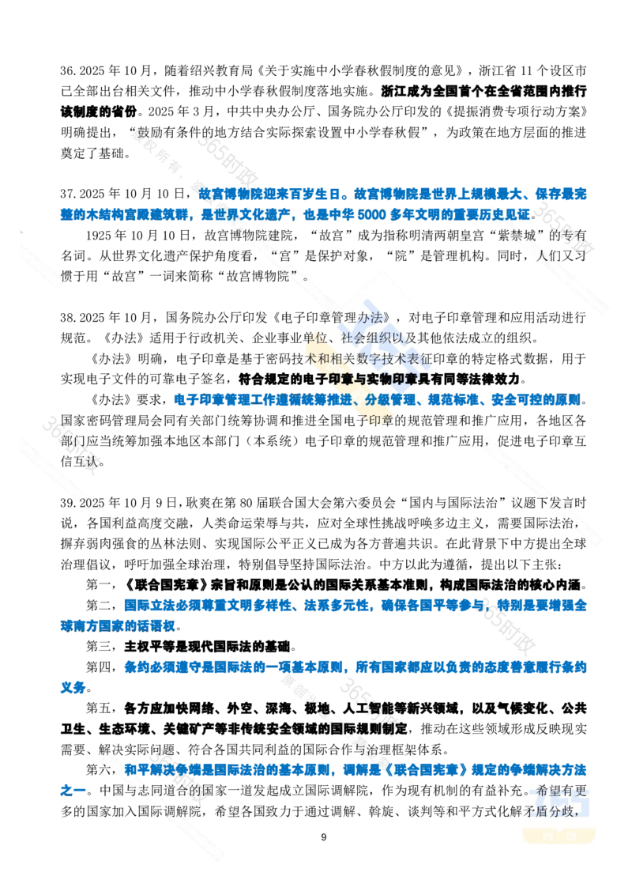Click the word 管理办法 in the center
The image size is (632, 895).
(x=359, y=318)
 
